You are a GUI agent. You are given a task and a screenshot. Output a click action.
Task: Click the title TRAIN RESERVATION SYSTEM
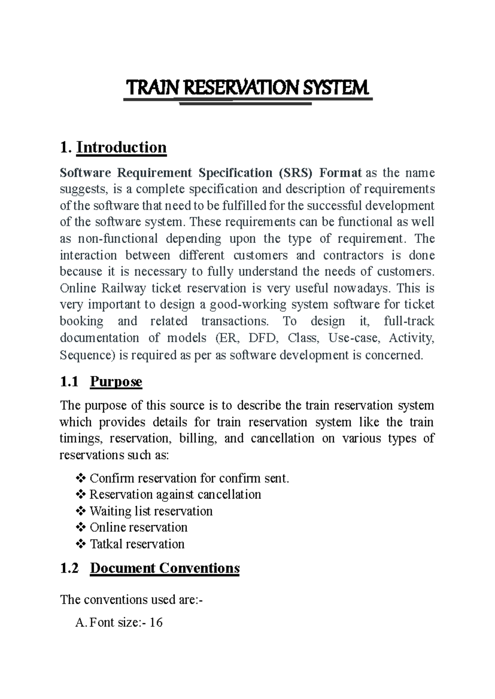pyautogui.click(x=247, y=88)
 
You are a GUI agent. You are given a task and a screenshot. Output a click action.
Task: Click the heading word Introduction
pyautogui.click(x=121, y=147)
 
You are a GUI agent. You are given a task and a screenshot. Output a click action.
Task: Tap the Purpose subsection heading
pyautogui.click(x=116, y=382)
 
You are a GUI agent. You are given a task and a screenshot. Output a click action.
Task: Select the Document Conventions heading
pyautogui.click(x=165, y=568)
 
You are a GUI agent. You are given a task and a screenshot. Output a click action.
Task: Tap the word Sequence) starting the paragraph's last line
pyautogui.click(x=88, y=355)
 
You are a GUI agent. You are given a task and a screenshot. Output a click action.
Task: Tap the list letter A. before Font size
pyautogui.click(x=80, y=622)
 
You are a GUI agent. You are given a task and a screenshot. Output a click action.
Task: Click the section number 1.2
pyautogui.click(x=69, y=568)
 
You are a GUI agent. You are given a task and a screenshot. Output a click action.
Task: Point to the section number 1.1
pyautogui.click(x=69, y=382)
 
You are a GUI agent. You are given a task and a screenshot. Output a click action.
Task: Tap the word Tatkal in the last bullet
pyautogui.click(x=106, y=544)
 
